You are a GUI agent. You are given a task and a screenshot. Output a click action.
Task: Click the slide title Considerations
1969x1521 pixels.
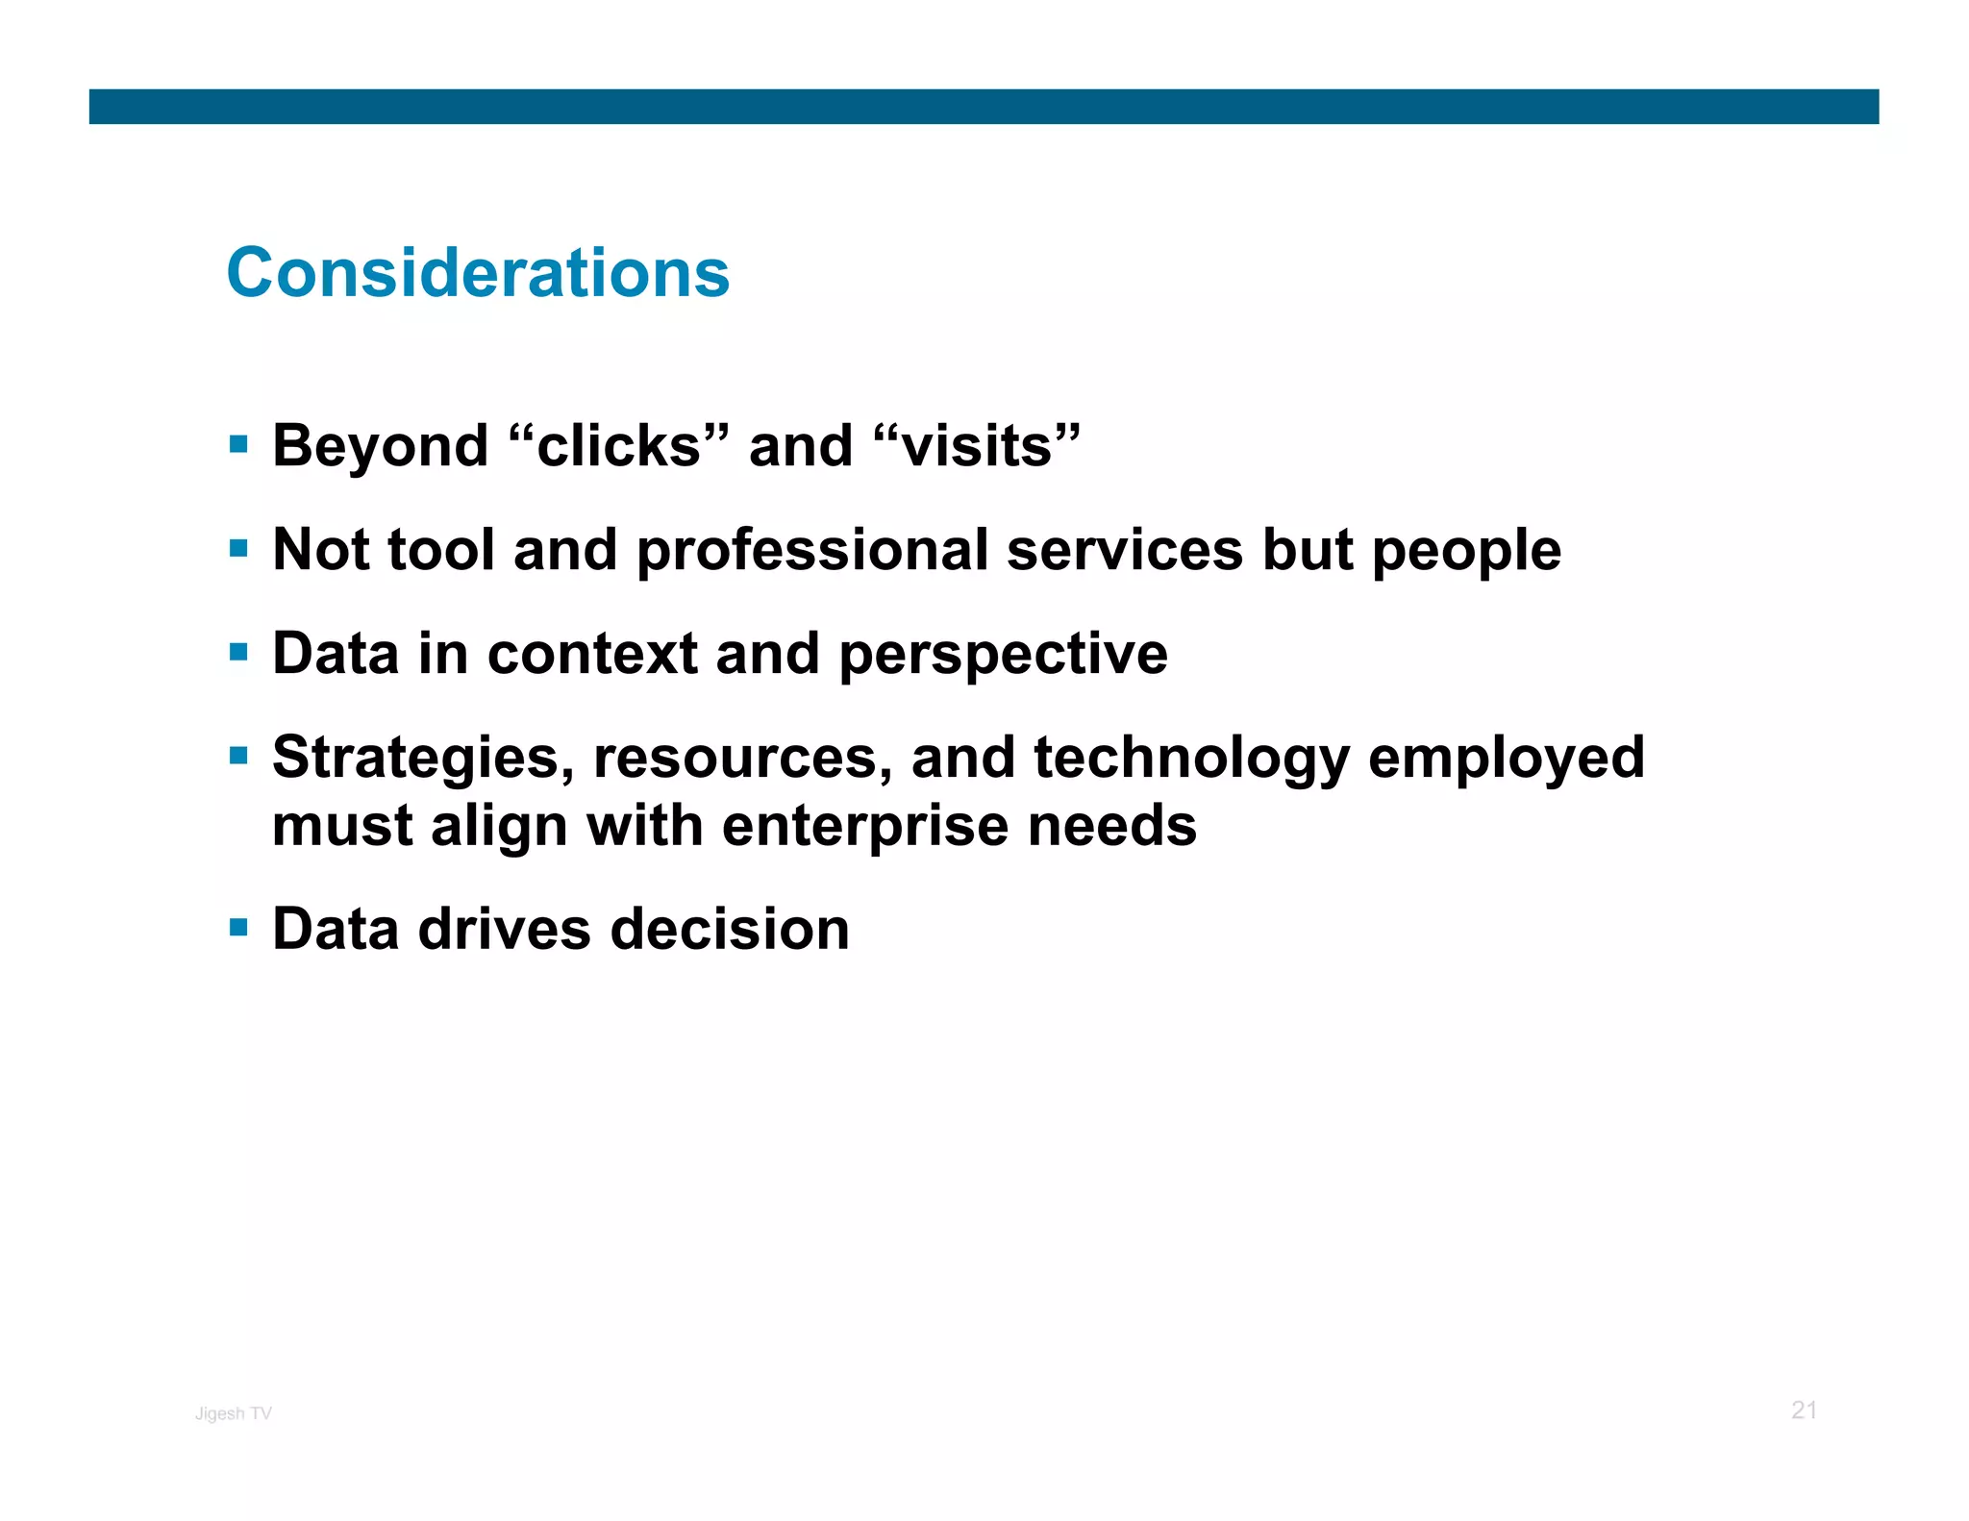478,273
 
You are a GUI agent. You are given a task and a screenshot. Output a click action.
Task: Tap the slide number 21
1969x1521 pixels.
1804,1410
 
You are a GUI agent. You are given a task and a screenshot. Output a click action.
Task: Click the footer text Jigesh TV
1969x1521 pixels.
234,1413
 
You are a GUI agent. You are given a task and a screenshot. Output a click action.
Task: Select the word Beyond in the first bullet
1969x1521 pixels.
381,447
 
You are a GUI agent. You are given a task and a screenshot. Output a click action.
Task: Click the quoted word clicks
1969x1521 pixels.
619,447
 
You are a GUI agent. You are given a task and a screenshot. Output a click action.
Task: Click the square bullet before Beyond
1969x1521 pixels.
239,445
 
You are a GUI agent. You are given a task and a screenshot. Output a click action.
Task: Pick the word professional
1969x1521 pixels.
812,550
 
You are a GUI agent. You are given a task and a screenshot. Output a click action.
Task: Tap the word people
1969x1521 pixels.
1465,552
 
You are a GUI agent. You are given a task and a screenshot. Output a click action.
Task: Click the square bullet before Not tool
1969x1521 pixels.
239,549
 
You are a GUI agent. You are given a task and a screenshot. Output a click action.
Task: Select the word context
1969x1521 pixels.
592,654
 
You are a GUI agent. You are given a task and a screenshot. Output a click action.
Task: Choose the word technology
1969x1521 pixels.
1191,758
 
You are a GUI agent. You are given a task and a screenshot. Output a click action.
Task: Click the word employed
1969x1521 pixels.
1506,758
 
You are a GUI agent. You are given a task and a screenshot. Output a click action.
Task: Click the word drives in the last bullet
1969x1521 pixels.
505,929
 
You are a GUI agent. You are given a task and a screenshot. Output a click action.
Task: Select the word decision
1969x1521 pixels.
730,929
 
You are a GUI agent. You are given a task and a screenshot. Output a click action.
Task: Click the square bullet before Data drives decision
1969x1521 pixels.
239,928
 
